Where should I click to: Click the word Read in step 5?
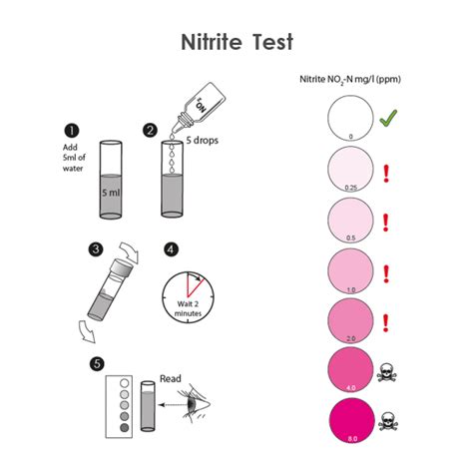pos(171,379)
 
